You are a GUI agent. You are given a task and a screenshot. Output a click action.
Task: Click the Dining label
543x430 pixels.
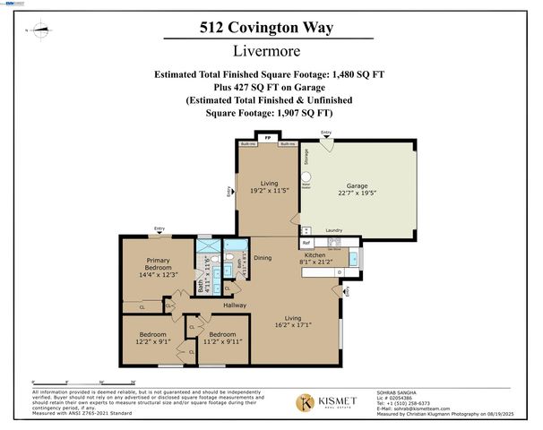[x=263, y=258]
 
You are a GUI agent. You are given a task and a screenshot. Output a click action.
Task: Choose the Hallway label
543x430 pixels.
[x=235, y=306]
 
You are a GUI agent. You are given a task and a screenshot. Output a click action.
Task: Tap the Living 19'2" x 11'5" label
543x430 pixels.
[x=266, y=185]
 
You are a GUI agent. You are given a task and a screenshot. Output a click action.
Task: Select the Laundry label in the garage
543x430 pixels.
[x=335, y=230]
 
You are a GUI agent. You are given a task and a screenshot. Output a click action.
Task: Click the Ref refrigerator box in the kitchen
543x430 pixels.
[x=306, y=242]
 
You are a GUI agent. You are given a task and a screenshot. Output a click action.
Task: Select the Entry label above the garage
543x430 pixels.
[x=326, y=134]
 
